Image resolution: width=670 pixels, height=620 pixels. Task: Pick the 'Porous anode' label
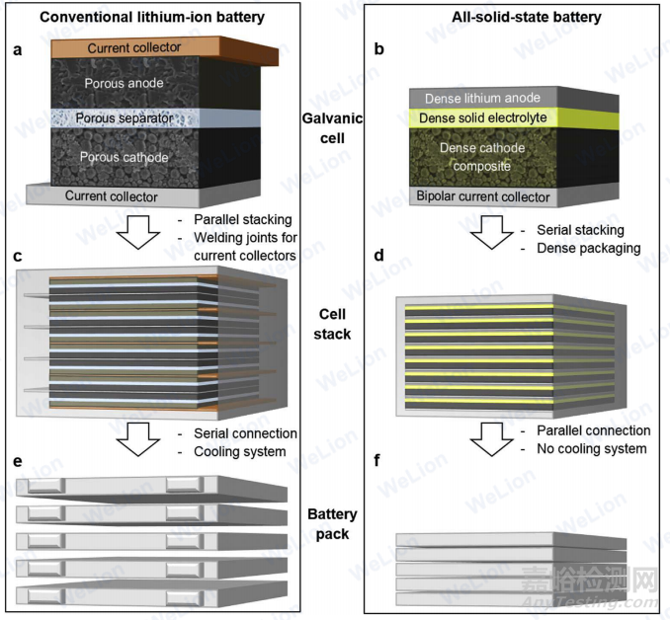(125, 83)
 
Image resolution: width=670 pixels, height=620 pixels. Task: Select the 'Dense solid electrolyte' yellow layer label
(488, 118)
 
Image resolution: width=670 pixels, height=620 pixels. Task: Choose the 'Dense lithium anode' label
(483, 99)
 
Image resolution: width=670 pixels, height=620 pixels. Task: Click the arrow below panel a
(135, 232)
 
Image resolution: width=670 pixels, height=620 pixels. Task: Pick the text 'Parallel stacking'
(236, 220)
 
